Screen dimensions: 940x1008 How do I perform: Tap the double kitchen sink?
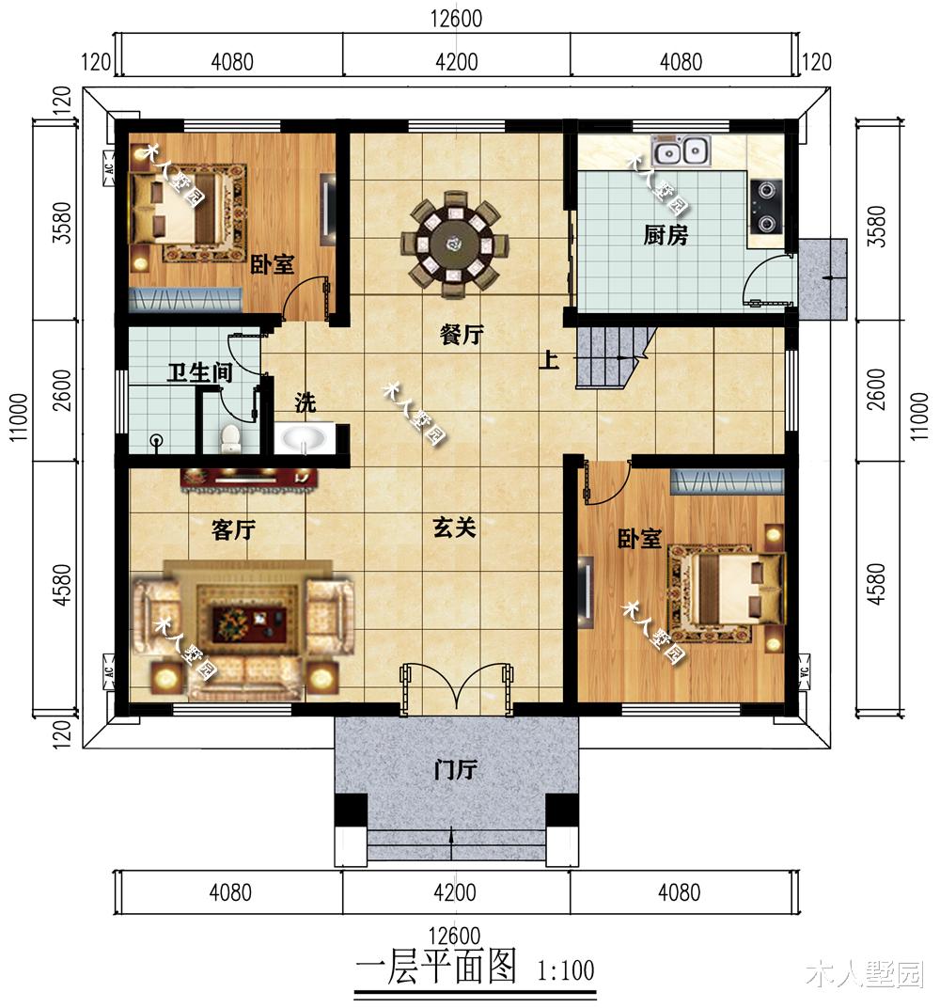pos(681,151)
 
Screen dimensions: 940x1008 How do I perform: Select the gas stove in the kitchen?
pos(766,207)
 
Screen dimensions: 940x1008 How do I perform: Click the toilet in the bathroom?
pos(229,438)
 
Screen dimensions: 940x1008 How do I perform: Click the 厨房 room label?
pos(666,235)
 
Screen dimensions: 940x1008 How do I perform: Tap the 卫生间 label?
pos(200,372)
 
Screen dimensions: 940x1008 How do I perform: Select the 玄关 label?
pos(454,528)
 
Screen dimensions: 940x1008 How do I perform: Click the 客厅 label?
pos(233,530)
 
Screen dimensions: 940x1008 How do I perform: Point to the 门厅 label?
pos(455,769)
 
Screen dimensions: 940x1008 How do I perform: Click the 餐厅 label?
pos(462,335)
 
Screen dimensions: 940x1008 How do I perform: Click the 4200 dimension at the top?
pos(456,62)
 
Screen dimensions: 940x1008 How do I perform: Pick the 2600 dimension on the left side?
pos(62,390)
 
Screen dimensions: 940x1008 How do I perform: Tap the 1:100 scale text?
pos(566,970)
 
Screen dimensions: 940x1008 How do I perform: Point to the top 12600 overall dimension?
pos(456,19)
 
